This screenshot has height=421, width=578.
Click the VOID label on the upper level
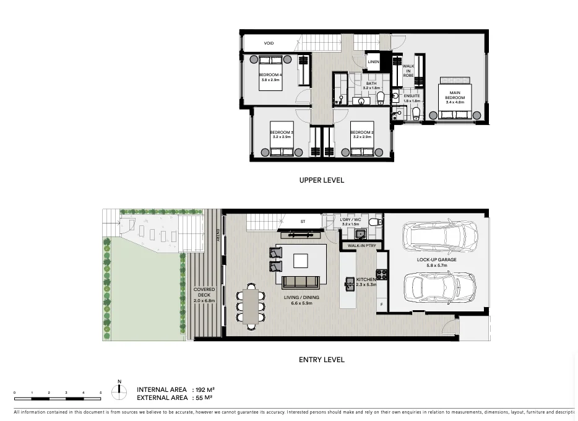click(x=269, y=43)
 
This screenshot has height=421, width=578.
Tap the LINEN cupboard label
click(x=373, y=62)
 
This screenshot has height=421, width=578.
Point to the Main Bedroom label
click(x=455, y=95)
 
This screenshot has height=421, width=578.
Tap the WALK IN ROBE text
click(x=408, y=70)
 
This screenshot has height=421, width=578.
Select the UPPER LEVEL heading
click(x=321, y=180)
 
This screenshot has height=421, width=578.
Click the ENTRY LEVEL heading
click(x=321, y=359)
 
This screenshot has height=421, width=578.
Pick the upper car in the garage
click(x=439, y=236)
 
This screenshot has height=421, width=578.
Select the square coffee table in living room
click(x=301, y=260)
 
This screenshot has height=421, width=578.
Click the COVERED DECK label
click(x=204, y=295)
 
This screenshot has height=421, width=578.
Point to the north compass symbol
click(x=119, y=391)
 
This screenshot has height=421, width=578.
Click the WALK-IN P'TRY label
click(x=363, y=246)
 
